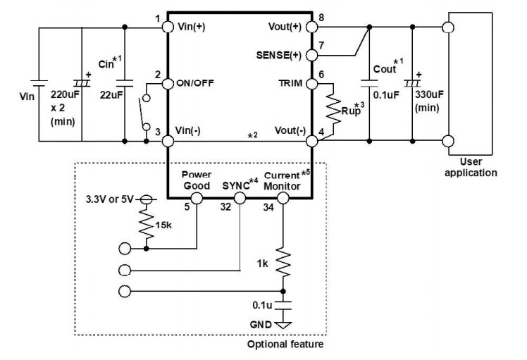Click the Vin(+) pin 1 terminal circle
click(x=168, y=27)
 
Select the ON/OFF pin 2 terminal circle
click(x=168, y=84)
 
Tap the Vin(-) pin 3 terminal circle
click(x=168, y=141)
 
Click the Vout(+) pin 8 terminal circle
click(x=312, y=27)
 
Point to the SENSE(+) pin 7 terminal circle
click(x=312, y=55)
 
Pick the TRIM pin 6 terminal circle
click(x=312, y=84)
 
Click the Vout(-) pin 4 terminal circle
click(x=312, y=141)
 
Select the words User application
click(x=476, y=166)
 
